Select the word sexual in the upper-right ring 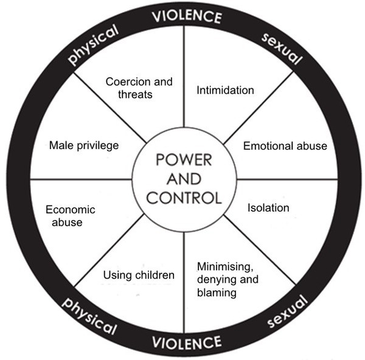[x=281, y=49]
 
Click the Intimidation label [x=225, y=90]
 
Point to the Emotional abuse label [x=285, y=146]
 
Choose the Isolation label [x=268, y=207]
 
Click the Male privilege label [x=84, y=145]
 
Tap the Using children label [x=139, y=275]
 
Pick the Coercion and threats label [x=139, y=88]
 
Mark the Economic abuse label [x=71, y=215]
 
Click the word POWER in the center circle [x=184, y=161]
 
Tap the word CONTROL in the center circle [x=184, y=198]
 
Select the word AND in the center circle [x=184, y=179]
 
